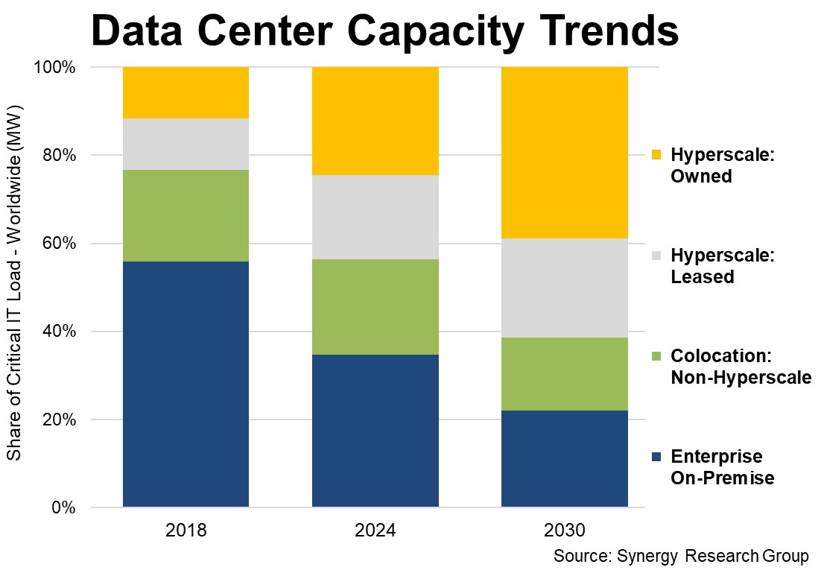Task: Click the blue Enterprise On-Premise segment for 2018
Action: coord(186,384)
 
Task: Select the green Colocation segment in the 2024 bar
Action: coord(375,306)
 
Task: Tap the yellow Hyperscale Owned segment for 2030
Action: coord(564,153)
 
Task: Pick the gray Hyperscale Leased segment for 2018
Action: coord(186,144)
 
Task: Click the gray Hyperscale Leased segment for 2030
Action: coord(564,288)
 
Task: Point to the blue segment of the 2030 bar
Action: coord(564,458)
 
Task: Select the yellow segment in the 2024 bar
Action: coord(375,121)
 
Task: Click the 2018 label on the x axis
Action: coord(186,531)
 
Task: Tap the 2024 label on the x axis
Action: coord(375,531)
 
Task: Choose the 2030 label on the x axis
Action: coord(564,531)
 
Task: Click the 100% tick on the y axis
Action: coord(56,68)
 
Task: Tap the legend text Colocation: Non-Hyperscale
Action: coord(740,367)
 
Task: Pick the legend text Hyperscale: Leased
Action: coord(723,266)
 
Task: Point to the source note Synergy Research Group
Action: coord(680,557)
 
